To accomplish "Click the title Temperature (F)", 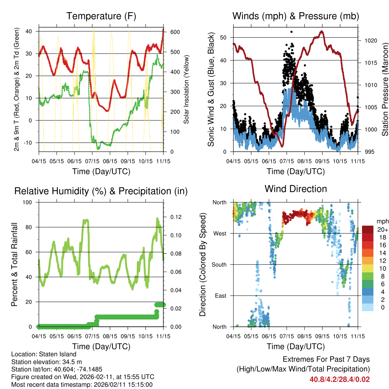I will point(101,16).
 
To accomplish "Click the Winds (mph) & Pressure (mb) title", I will point(296,16).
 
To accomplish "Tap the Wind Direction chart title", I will point(296,188).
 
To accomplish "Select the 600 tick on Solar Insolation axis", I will point(175,32).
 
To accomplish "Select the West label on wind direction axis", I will point(220,233).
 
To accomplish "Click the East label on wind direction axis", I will point(220,296).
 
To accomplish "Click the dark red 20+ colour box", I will point(368,229).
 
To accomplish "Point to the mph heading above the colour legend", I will point(382,221).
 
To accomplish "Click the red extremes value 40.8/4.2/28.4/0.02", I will point(340,379).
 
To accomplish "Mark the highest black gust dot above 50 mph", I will point(291,32).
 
